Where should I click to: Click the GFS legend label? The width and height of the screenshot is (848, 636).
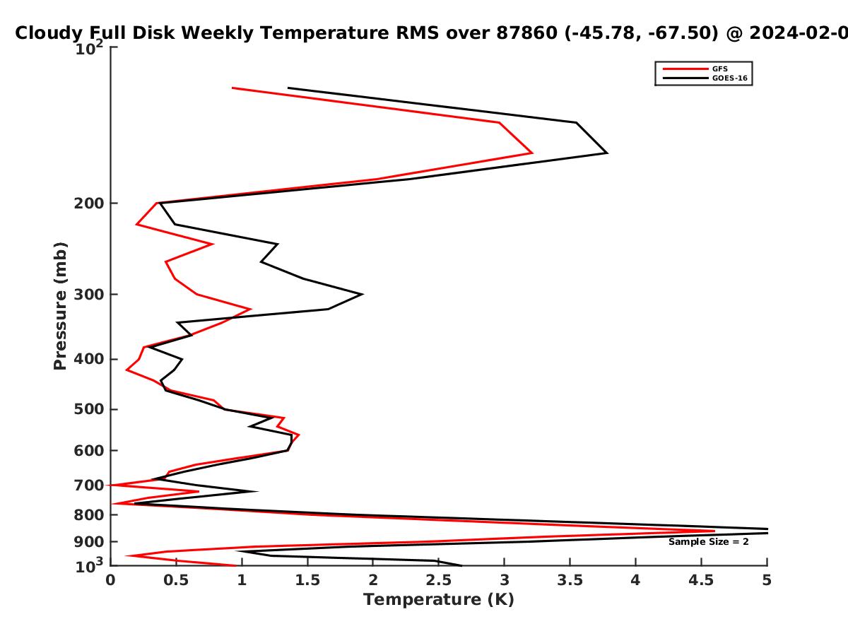720,69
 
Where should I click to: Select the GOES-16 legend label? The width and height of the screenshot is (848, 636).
730,78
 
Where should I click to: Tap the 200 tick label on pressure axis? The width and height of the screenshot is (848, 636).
89,203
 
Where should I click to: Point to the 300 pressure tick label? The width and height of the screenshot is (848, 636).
89,294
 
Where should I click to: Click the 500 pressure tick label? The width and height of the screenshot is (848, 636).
89,409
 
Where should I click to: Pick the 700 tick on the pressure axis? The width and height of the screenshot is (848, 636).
89,485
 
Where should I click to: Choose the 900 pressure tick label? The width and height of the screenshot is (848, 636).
89,542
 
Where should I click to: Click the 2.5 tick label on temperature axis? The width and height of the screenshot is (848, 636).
439,580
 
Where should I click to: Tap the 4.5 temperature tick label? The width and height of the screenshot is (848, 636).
701,580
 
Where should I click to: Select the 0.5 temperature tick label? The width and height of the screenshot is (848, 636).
176,580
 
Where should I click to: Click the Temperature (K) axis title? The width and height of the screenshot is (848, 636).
439,600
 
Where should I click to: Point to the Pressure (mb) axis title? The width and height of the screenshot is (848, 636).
60,306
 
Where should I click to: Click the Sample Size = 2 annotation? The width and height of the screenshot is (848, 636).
709,542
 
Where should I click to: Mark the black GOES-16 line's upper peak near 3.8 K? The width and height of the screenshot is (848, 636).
607,153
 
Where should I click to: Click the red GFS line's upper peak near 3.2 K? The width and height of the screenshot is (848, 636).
532,153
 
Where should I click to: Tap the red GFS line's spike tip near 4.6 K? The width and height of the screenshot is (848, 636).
714,531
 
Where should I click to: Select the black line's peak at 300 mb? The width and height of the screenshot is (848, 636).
362,294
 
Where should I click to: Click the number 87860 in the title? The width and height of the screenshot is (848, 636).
527,33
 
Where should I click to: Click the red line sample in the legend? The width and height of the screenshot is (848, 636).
685,69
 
